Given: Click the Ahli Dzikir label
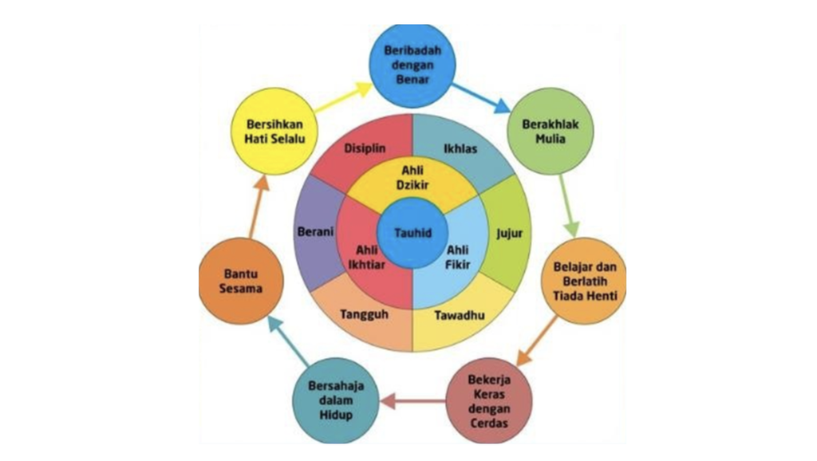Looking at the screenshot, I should tap(412, 180).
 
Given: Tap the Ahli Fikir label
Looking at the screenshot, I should tap(457, 257).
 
